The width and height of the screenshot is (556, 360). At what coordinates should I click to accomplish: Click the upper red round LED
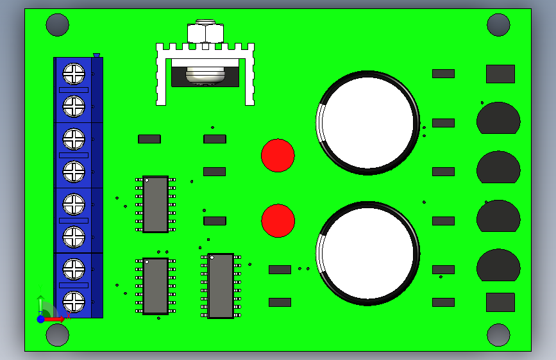click(278, 155)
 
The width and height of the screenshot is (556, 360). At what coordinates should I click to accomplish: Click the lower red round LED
click(278, 220)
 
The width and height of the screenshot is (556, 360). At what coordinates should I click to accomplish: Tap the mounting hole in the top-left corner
click(57, 25)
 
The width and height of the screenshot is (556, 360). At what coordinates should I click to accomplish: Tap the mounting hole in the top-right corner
click(498, 25)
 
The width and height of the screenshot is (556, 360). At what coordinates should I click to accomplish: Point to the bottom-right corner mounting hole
click(498, 334)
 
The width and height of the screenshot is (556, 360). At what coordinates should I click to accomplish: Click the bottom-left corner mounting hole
click(57, 334)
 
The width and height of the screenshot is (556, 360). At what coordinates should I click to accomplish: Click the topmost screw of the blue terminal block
click(74, 74)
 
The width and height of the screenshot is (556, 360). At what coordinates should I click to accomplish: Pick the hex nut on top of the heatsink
click(205, 32)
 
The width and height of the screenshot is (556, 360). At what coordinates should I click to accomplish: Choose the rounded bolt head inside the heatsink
click(205, 75)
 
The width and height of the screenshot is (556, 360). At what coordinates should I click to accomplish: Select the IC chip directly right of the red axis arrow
click(155, 286)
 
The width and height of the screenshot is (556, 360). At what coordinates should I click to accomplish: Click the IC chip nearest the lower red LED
click(221, 286)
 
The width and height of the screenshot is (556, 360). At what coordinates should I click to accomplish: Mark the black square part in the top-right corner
click(500, 74)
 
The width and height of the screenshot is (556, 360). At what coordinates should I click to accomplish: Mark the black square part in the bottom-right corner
click(500, 302)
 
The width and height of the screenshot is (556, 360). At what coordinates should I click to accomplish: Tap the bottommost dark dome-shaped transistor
click(498, 265)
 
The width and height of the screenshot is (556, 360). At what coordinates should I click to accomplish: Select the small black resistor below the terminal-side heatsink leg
click(149, 138)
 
